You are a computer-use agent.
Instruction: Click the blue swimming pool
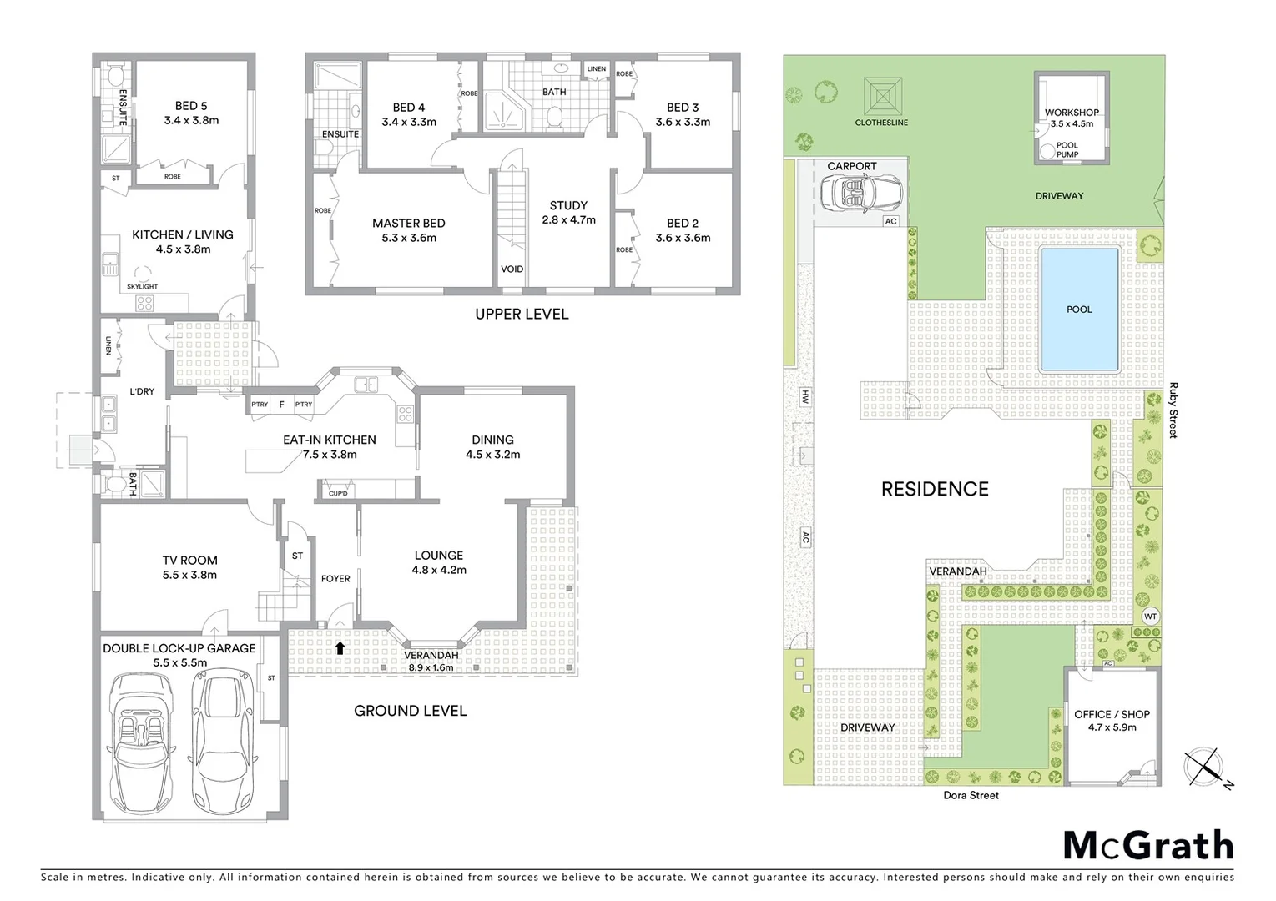1078,310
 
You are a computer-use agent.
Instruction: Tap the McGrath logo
1147,846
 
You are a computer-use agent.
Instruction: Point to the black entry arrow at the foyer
339,647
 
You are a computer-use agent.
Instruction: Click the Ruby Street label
1173,410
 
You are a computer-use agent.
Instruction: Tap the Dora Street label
971,795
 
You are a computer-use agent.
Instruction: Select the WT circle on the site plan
1150,617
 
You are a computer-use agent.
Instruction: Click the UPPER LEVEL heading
522,314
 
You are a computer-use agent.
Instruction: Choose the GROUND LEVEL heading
410,711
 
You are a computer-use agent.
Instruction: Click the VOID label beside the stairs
512,269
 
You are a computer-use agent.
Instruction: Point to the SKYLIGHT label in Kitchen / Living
143,286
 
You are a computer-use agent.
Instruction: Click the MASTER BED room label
408,223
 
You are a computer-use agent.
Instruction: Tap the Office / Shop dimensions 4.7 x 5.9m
1112,727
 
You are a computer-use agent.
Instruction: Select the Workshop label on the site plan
1072,113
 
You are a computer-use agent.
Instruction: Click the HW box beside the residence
805,396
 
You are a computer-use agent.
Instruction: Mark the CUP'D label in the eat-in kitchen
338,493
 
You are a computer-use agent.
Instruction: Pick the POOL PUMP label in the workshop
1067,149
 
